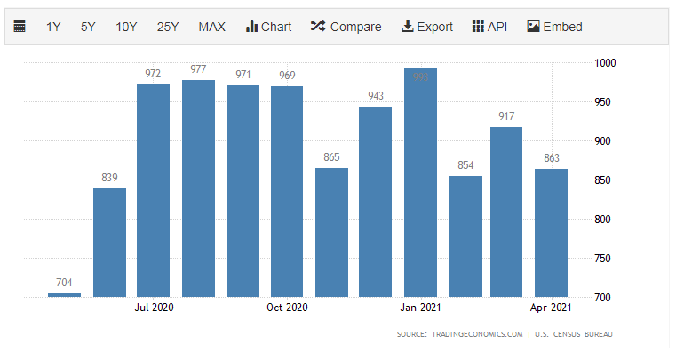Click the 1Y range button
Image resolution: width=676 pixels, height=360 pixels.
[53, 27]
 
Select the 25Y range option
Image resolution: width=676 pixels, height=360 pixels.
[168, 27]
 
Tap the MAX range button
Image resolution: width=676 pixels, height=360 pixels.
[211, 27]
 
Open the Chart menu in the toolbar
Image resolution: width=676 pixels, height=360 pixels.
[268, 27]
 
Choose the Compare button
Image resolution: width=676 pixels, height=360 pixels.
[346, 27]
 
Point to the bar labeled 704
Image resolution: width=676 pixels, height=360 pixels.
[65, 294]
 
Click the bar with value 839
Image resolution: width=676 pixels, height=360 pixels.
[110, 242]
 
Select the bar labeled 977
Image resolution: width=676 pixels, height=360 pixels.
[198, 188]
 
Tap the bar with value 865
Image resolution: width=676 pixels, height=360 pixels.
[331, 232]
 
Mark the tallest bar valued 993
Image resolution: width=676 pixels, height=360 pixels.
[420, 182]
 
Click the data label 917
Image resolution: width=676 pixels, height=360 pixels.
[506, 116]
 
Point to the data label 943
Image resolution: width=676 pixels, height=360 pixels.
[376, 96]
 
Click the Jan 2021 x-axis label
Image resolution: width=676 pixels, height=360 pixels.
[420, 308]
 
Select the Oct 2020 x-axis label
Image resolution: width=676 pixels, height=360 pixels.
[287, 308]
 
